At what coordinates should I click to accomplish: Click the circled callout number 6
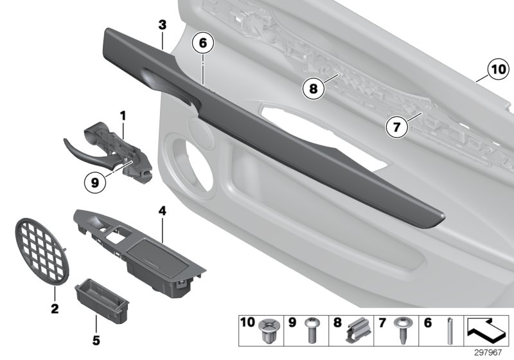point(202,44)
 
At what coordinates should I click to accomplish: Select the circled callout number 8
point(313,89)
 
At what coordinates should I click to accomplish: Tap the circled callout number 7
point(397,127)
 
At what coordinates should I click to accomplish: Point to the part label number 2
point(55,309)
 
